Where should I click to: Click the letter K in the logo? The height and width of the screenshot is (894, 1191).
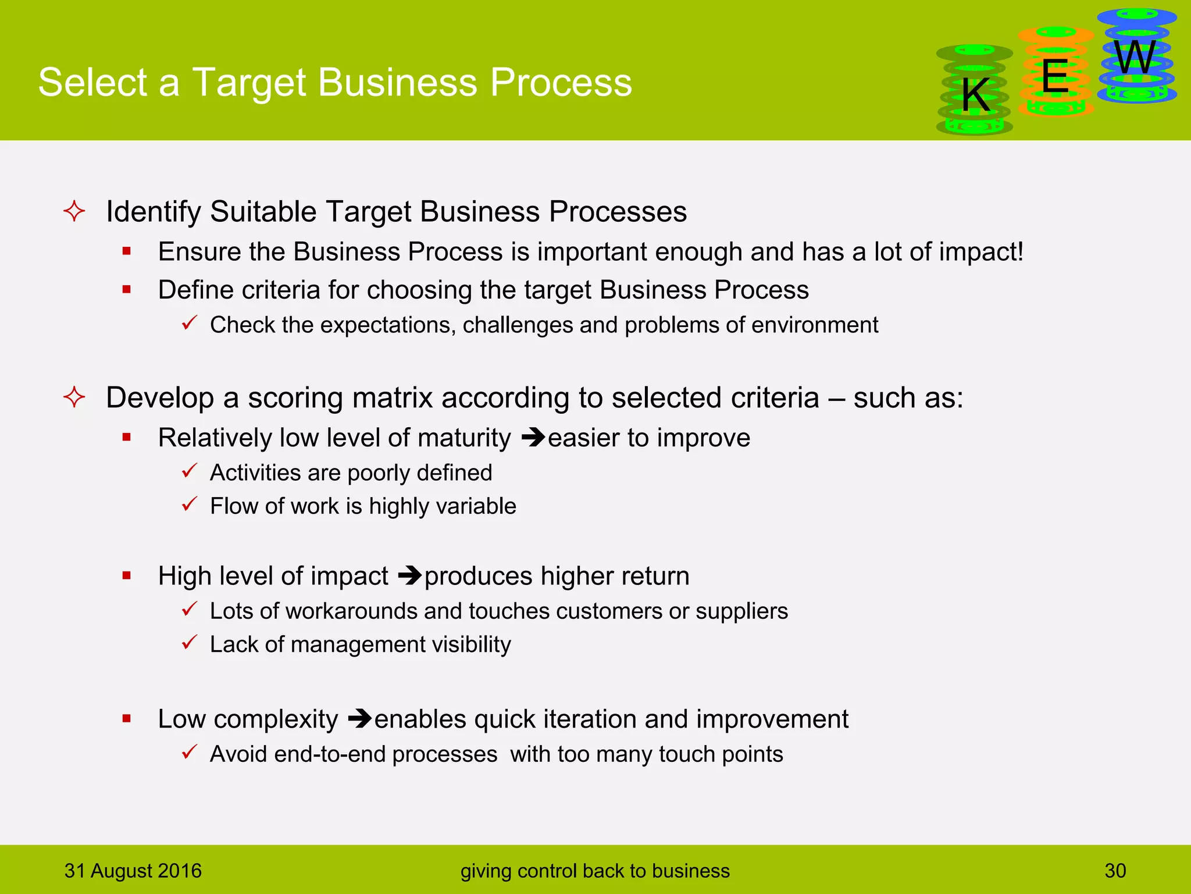click(x=975, y=95)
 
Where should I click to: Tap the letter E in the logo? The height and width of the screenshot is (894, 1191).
click(x=1055, y=76)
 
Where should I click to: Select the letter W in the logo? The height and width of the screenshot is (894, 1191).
click(x=1135, y=58)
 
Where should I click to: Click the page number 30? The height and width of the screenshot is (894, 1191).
click(x=1115, y=871)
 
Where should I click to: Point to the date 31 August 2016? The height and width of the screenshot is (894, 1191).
click(x=133, y=871)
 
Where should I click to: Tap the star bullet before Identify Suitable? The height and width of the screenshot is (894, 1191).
click(x=74, y=211)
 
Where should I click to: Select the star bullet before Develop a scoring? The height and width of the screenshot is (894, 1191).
click(x=74, y=398)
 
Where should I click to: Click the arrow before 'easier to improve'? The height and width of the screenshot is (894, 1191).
click(x=533, y=438)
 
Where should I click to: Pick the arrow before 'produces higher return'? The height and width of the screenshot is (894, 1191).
click(x=410, y=576)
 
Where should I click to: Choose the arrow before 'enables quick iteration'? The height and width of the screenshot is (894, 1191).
click(x=359, y=719)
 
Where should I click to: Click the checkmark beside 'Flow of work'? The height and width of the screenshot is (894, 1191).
click(x=190, y=504)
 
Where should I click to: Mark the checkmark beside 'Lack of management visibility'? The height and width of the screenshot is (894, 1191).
click(x=190, y=643)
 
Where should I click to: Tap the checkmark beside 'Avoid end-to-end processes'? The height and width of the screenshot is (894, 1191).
click(x=190, y=752)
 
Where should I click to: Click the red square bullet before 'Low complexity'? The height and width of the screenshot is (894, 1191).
click(x=127, y=719)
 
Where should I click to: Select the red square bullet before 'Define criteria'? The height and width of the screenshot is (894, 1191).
click(x=127, y=289)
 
